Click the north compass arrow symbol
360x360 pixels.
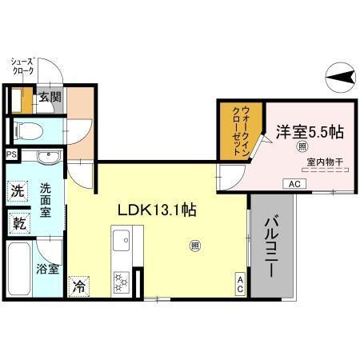[340, 78]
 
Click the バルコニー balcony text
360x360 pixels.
[270, 246]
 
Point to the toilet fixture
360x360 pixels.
[27, 129]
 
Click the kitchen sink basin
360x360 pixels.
[124, 239]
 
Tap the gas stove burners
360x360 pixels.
[122, 280]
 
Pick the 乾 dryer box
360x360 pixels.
[18, 222]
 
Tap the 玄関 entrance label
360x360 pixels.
[50, 98]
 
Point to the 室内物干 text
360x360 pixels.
[324, 162]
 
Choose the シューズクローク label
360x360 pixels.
[22, 65]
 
